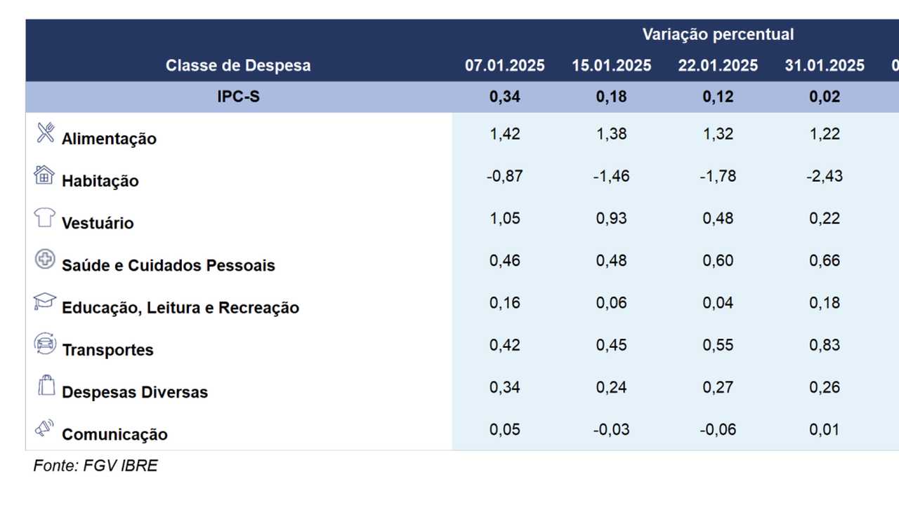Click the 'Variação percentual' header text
point(718,34)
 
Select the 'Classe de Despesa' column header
point(238,66)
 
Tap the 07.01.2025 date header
point(504,66)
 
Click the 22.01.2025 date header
point(718,66)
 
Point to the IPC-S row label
point(238,97)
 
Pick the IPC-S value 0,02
point(825,97)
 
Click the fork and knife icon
point(46,133)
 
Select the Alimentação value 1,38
point(611,134)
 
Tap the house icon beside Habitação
point(44,175)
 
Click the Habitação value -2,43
point(825,176)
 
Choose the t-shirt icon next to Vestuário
point(44,217)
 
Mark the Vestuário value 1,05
point(504,218)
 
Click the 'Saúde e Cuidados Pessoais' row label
point(168,265)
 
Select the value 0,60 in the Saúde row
point(718,261)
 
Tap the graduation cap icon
point(44,301)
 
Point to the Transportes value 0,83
point(825,345)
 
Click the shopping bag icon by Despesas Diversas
point(46,385)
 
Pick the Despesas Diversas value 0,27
point(718,388)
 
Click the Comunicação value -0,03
point(611,430)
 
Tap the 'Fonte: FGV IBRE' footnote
point(95,466)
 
